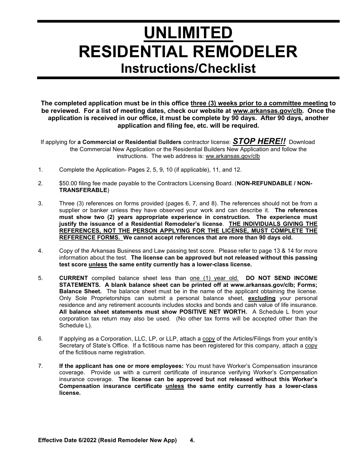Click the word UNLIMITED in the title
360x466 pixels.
click(x=188, y=33)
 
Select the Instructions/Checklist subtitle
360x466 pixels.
click(x=188, y=68)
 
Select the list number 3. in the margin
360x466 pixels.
click(x=40, y=203)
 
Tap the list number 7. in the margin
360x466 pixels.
click(x=40, y=366)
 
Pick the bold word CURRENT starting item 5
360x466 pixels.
click(x=74, y=278)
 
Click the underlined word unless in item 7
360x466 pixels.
click(x=175, y=386)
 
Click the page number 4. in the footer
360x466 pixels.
click(x=192, y=440)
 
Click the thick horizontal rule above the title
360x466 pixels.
click(x=188, y=21)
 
